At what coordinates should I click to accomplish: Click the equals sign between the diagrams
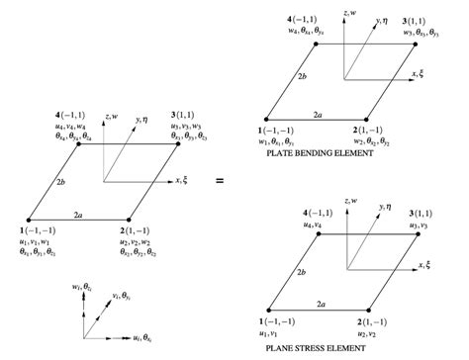click(220, 180)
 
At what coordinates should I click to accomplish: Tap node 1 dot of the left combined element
click(31, 219)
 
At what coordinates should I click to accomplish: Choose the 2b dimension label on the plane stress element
click(275, 269)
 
